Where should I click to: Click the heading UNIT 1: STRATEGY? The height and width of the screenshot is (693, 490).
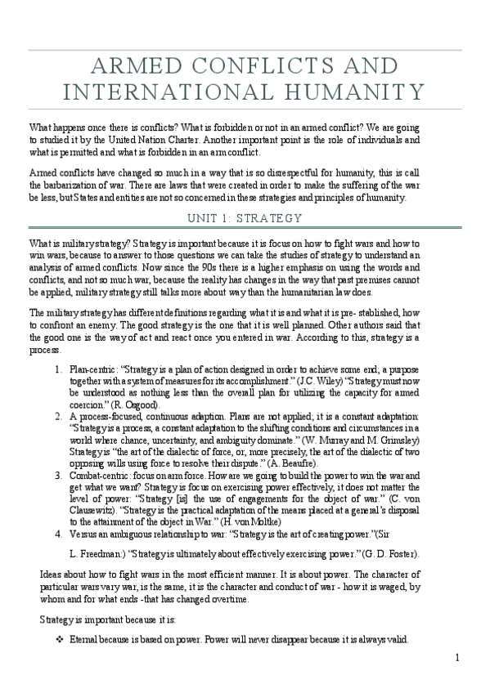click(x=245, y=218)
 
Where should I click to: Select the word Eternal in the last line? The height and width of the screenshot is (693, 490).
click(x=86, y=639)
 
